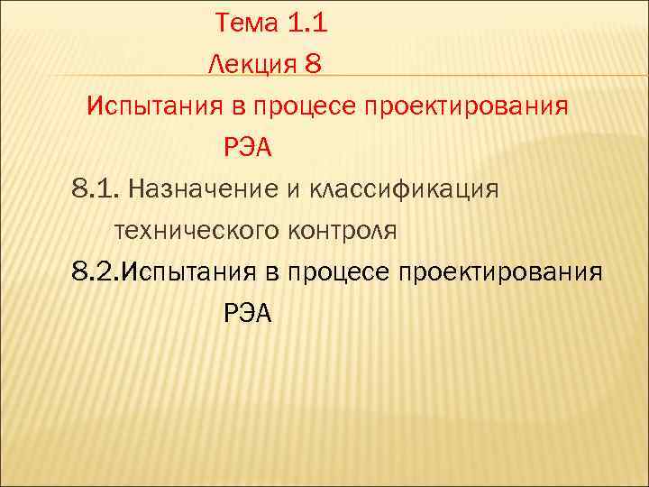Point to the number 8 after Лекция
pos(313,65)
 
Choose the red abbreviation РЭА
pos(246,147)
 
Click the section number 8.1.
pos(96,189)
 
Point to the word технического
pos(197,231)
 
